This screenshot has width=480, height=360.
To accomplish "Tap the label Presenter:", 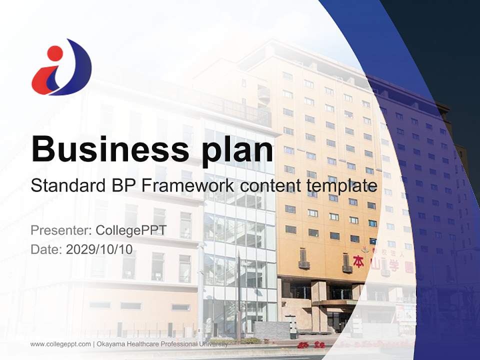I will (x=60, y=230).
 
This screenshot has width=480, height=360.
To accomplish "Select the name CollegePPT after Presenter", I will (x=131, y=230).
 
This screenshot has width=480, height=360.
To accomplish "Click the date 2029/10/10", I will (x=99, y=249).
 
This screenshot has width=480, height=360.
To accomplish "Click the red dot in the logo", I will (x=54, y=52).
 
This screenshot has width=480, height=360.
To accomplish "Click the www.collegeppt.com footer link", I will (x=60, y=344).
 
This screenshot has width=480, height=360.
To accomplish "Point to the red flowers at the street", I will (x=310, y=344).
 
